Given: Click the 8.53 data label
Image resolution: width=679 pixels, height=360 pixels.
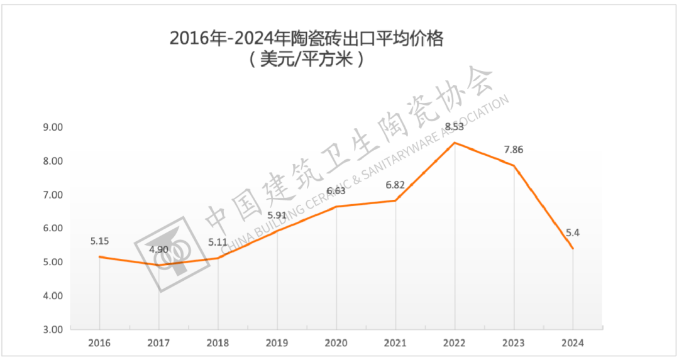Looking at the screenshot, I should point(455,127).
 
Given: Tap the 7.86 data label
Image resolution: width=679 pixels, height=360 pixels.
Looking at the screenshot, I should point(514,150).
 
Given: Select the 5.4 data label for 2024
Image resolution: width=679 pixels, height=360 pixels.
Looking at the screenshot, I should point(570,233).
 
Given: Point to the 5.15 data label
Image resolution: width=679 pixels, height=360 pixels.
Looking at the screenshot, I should point(100,241).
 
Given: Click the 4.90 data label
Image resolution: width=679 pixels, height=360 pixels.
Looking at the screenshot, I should point(159,249).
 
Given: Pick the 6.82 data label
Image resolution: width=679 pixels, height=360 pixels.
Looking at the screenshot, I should point(395,185).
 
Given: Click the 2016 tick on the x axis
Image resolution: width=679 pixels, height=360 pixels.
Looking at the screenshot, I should point(99,343).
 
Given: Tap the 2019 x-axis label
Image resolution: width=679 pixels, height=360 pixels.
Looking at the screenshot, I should point(277,343).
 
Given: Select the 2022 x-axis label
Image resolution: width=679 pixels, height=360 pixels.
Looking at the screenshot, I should point(455,343).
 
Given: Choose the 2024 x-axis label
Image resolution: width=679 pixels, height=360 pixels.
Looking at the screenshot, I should point(573,343).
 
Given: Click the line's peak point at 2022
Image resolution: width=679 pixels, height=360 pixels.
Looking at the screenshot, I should point(455,143).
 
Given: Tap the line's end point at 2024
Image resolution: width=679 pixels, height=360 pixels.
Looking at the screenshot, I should point(573,248).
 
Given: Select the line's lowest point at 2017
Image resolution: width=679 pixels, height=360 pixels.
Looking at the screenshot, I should point(159,265).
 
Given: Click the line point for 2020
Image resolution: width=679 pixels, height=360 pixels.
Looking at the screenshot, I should point(336,207).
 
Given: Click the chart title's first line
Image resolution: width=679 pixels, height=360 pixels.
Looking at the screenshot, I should point(306,38).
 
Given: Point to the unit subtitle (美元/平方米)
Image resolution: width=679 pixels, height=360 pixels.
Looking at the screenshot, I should point(306,60).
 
